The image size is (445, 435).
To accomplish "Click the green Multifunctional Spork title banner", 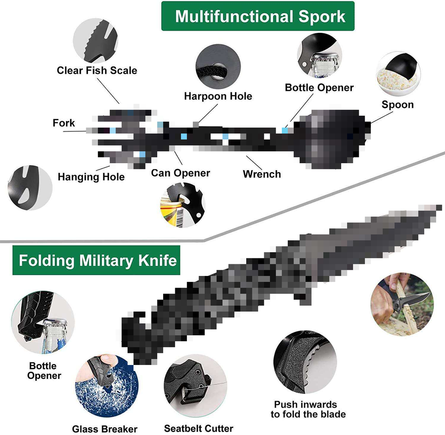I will pos(258,17).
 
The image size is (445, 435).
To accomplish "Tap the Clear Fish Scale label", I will pos(97,70).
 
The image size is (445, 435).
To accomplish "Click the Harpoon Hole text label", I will pos(218,96).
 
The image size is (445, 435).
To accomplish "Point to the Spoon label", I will pos(397,105).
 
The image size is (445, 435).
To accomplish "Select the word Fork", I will pos(64,123).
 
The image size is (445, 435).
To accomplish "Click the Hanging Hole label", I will pos(91,177).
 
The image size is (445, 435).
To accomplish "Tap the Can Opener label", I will pos(180,173).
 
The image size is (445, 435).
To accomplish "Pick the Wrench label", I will pos(262,174).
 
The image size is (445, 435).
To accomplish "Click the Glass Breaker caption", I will pos(105,429).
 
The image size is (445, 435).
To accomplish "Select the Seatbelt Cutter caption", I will pos(198,428).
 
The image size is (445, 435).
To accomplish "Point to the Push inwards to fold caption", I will pos(308,409).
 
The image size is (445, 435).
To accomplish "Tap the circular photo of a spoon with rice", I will pos(398,71).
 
